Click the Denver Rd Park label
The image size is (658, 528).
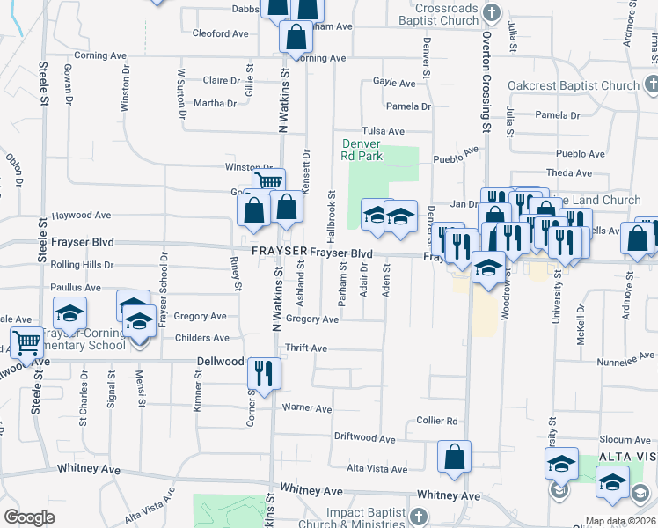pyautogui.click(x=361, y=150)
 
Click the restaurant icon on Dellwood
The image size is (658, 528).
pyautogui.click(x=264, y=372)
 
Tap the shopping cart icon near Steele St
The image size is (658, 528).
pyautogui.click(x=26, y=342)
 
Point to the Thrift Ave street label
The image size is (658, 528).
pyautogui.click(x=306, y=348)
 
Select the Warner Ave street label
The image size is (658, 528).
pyautogui.click(x=306, y=408)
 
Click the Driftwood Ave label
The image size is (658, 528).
pyautogui.click(x=365, y=437)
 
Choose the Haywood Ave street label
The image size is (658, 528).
pyautogui.click(x=81, y=215)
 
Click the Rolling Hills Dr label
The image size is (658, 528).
pyautogui.click(x=83, y=264)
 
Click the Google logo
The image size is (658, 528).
pyautogui.click(x=29, y=517)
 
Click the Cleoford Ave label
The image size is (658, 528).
pyautogui.click(x=220, y=33)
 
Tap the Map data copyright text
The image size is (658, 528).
pyautogui.click(x=618, y=521)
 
